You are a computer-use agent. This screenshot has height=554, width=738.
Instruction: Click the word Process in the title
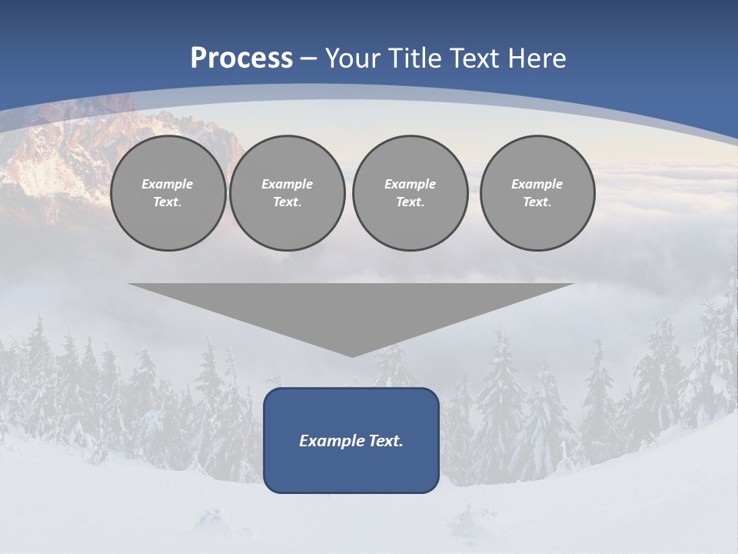pyautogui.click(x=241, y=58)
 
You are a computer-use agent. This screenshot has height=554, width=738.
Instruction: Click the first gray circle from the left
pyautogui.click(x=168, y=193)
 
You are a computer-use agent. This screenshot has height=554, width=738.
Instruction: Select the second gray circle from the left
pyautogui.click(x=288, y=193)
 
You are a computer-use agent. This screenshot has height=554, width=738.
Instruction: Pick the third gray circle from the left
pyautogui.click(x=410, y=193)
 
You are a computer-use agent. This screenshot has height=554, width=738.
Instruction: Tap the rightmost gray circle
pyautogui.click(x=537, y=193)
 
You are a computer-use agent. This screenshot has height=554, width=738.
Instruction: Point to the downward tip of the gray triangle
pyautogui.click(x=352, y=355)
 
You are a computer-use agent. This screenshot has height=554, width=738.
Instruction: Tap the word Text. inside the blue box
pyautogui.click(x=385, y=441)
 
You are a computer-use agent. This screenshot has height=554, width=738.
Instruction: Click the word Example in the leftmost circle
pyautogui.click(x=168, y=184)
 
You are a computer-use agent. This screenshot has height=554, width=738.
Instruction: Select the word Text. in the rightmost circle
pyautogui.click(x=537, y=202)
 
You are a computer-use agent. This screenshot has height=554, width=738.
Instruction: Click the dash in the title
pyautogui.click(x=308, y=58)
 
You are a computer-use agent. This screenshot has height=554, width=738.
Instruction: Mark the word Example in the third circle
pyautogui.click(x=410, y=184)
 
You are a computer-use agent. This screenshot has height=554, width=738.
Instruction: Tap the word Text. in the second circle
pyautogui.click(x=288, y=202)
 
